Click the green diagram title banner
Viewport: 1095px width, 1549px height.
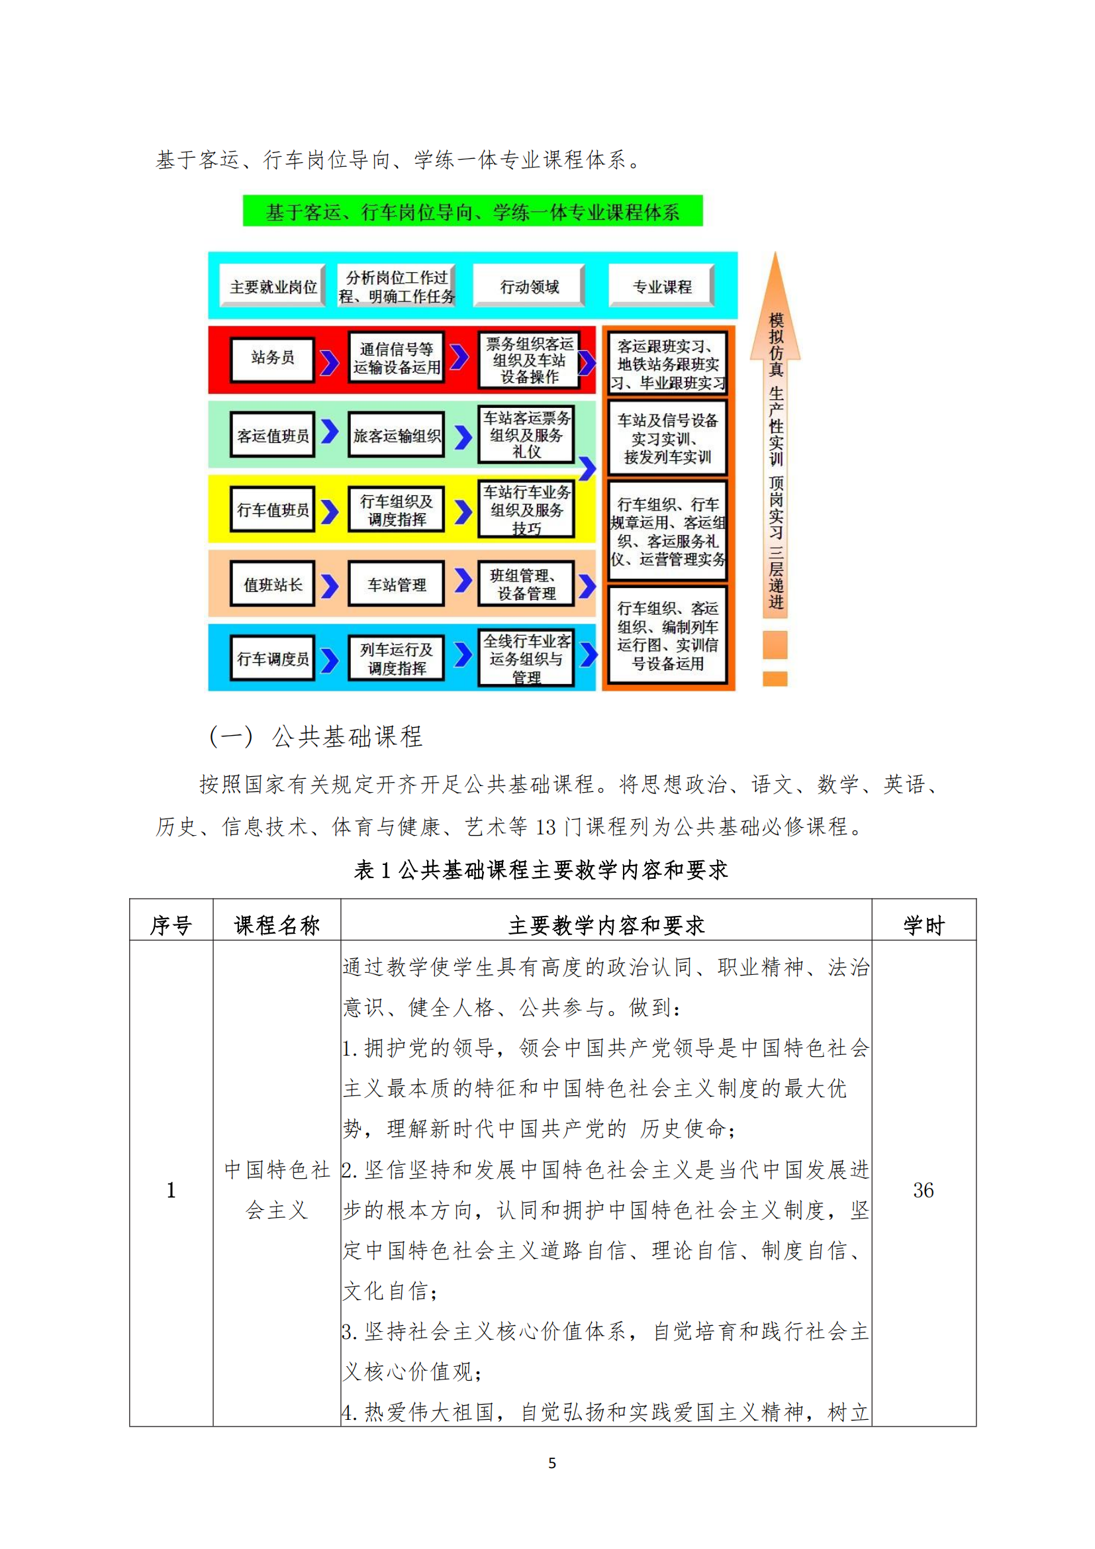tap(473, 211)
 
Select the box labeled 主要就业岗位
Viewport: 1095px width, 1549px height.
tap(273, 286)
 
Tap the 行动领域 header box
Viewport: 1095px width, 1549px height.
tap(530, 286)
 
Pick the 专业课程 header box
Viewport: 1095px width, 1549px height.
tap(662, 286)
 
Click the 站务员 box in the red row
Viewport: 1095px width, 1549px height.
tap(273, 360)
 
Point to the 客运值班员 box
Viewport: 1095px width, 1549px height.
tap(273, 435)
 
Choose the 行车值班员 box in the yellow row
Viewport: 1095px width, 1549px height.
tap(273, 509)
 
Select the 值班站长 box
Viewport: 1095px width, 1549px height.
tap(273, 583)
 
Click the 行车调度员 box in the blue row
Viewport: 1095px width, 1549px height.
tap(273, 658)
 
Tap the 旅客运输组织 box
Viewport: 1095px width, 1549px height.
tap(397, 435)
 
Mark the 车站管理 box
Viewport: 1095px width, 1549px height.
tap(397, 583)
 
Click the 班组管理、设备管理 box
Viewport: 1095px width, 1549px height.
tap(526, 583)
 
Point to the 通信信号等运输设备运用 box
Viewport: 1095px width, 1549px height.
tap(397, 358)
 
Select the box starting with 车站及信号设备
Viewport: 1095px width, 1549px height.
tap(667, 438)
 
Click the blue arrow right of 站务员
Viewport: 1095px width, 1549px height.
tap(329, 362)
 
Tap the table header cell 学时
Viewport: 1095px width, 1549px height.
tap(924, 925)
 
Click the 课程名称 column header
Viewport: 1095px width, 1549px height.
tap(277, 925)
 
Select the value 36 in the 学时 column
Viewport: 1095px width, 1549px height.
tap(924, 1189)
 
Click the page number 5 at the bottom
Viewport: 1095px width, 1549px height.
tap(552, 1463)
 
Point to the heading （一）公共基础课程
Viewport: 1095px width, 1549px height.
tap(316, 736)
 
